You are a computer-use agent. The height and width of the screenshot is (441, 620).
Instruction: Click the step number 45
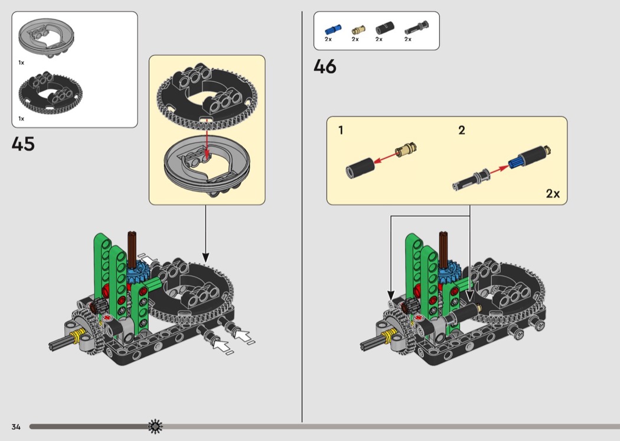[x=23, y=144]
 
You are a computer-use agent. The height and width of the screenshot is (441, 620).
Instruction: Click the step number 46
[x=325, y=67]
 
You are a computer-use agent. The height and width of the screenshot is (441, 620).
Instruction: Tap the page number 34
[x=16, y=426]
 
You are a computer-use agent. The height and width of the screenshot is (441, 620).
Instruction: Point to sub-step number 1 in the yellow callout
[x=341, y=130]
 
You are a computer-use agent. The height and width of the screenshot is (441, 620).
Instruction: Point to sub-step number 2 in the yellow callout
[x=461, y=130]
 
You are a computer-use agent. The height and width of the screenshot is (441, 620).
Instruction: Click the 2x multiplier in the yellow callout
[x=552, y=193]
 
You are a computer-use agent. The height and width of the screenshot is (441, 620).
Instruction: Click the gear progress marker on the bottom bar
[x=155, y=426]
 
